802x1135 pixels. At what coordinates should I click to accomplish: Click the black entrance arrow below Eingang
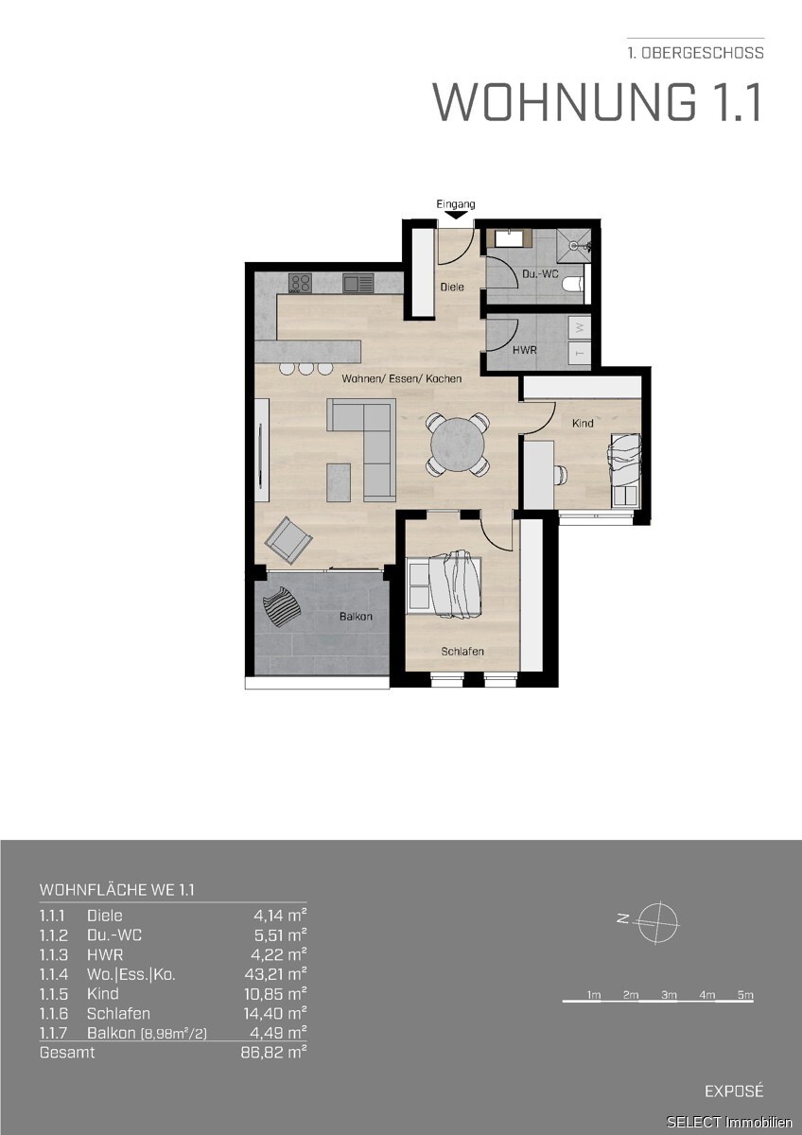pyautogui.click(x=457, y=215)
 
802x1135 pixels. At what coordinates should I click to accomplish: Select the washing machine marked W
pyautogui.click(x=580, y=327)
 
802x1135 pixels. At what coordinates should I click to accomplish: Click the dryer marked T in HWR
pyautogui.click(x=580, y=352)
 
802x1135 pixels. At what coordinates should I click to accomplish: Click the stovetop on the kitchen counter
pyautogui.click(x=301, y=283)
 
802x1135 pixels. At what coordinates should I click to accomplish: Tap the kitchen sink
pyautogui.click(x=357, y=283)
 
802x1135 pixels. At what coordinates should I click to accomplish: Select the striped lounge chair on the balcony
pyautogui.click(x=282, y=606)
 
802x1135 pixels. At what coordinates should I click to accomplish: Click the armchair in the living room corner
pyautogui.click(x=288, y=540)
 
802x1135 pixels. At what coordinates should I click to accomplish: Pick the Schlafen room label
pyautogui.click(x=462, y=651)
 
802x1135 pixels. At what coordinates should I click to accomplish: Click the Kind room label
pyautogui.click(x=583, y=423)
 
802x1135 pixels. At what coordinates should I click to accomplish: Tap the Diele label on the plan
pyautogui.click(x=452, y=287)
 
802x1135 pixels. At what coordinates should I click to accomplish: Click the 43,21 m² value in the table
pyautogui.click(x=275, y=974)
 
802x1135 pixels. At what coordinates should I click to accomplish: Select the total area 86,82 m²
pyautogui.click(x=274, y=1053)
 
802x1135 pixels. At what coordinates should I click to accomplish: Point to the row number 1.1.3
pyautogui.click(x=53, y=955)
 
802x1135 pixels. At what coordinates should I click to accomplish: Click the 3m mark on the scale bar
pyautogui.click(x=669, y=995)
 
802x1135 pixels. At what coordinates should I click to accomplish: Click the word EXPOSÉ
pyautogui.click(x=734, y=1091)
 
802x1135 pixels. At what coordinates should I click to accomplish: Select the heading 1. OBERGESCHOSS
pyautogui.click(x=696, y=53)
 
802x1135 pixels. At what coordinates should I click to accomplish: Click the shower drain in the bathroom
pyautogui.click(x=573, y=245)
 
